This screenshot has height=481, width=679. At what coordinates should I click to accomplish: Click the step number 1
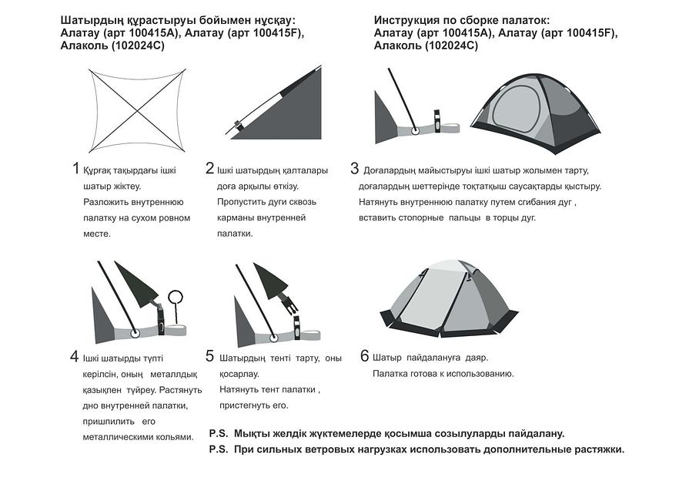(75, 169)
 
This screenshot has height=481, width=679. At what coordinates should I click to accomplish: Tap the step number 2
(209, 169)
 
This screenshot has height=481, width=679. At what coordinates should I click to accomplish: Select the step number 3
(354, 169)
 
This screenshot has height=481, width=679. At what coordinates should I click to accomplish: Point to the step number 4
(75, 356)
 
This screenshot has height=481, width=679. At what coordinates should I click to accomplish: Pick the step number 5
(209, 356)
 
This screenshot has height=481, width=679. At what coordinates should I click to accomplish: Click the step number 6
(365, 356)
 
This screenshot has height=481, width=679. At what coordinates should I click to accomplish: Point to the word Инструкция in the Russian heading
(409, 20)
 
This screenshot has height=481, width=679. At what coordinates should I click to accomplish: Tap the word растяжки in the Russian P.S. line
(595, 449)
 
